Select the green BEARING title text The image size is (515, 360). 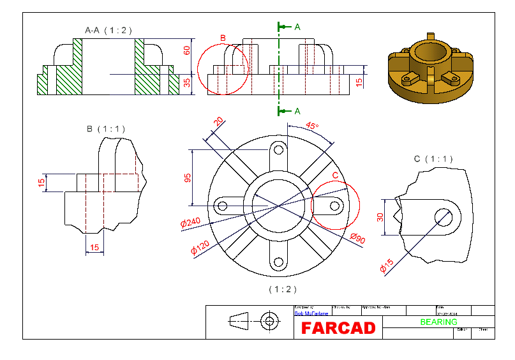point(438,322)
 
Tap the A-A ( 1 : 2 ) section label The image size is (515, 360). point(108,30)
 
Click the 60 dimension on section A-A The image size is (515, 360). point(187,50)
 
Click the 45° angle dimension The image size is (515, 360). point(311,126)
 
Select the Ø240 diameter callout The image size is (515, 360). point(191,223)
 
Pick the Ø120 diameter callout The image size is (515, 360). point(200,246)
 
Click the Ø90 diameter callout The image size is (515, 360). point(357,239)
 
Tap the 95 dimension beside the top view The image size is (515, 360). point(188,178)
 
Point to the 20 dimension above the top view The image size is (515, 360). point(218,122)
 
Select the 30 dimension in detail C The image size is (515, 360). point(380,218)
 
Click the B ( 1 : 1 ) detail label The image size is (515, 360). point(106,129)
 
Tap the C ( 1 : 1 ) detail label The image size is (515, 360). point(433,159)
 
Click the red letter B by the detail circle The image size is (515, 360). point(223,38)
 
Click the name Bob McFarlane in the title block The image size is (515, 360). point(311,313)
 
